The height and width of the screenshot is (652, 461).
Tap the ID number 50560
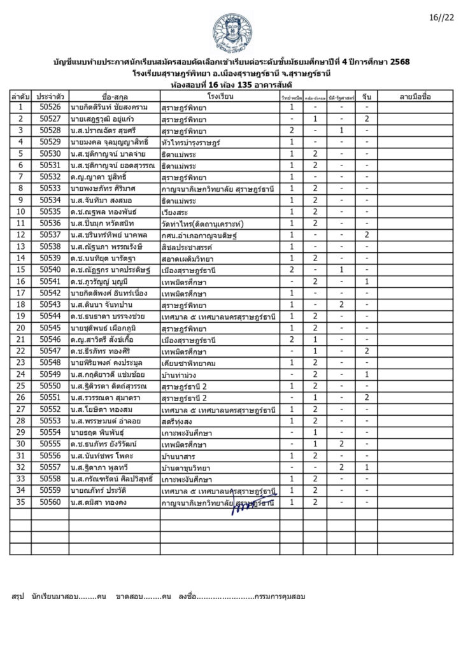[50, 502]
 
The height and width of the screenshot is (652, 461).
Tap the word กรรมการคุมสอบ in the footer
[279, 597]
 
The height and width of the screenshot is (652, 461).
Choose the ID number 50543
[50, 305]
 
